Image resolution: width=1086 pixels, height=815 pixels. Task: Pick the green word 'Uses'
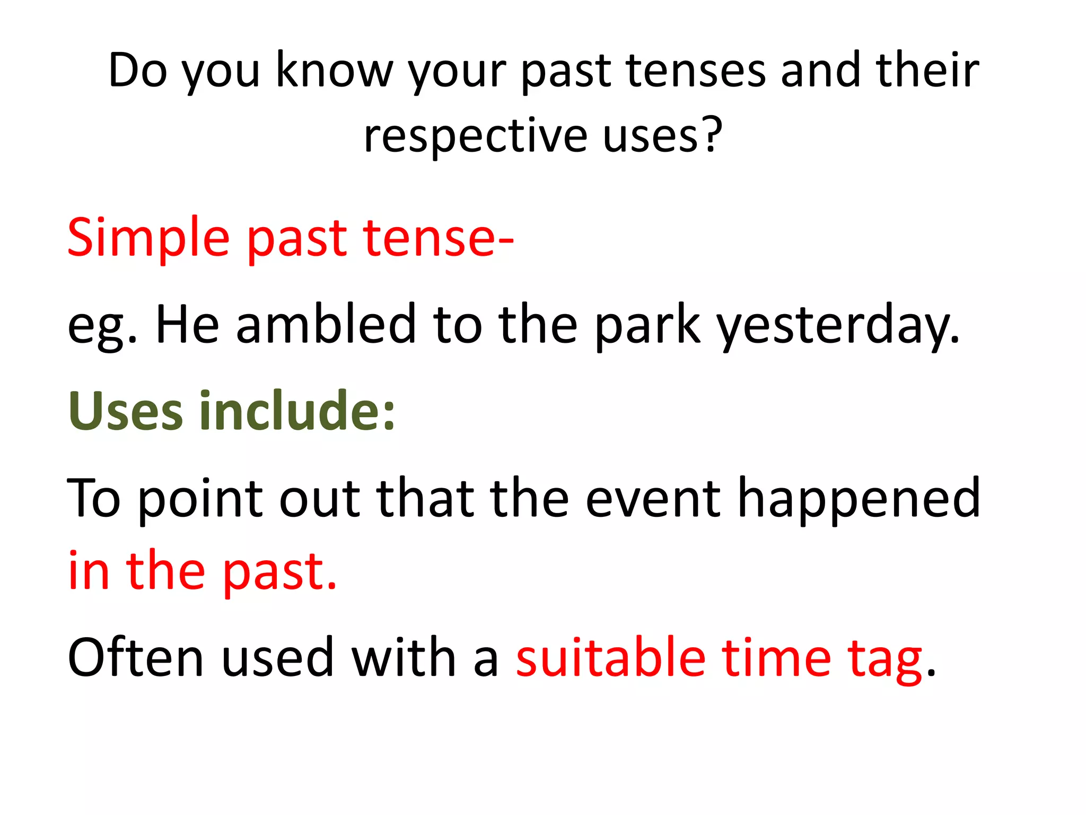tap(126, 411)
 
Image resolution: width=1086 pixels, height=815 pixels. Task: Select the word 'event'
tap(653, 499)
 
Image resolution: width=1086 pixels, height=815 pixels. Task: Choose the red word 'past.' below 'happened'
tap(279, 574)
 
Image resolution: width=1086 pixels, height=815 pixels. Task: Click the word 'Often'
tap(135, 658)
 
